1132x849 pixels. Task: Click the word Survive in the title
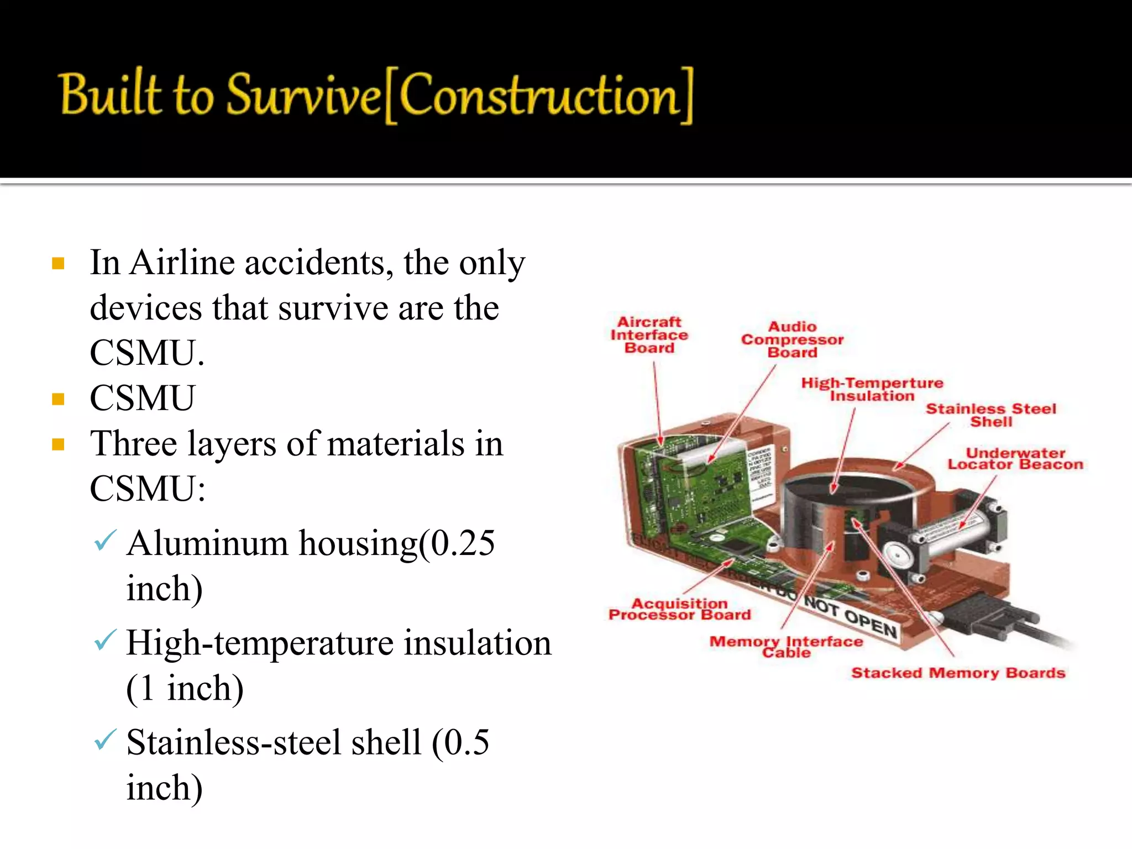point(303,95)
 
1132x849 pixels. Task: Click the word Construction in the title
point(539,95)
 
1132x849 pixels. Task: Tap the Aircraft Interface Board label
point(649,335)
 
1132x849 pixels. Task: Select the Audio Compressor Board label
point(792,339)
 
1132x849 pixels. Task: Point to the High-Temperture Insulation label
point(872,389)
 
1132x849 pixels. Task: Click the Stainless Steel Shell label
point(990,415)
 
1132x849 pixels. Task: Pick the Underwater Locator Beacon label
point(1015,459)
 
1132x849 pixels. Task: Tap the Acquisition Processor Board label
point(679,609)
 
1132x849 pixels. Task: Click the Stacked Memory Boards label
point(958,673)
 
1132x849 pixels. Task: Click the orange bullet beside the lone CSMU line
point(58,399)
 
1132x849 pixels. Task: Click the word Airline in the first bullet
point(182,263)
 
